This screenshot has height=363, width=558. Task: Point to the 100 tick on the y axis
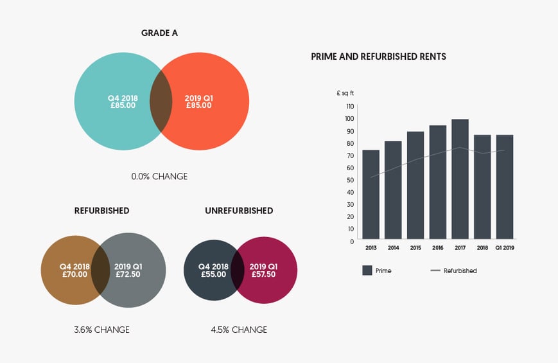click(350, 118)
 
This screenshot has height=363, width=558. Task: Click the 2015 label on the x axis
click(415, 247)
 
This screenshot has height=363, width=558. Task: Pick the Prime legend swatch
click(367, 270)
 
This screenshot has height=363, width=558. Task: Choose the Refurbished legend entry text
click(460, 271)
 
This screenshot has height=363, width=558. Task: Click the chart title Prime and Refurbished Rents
click(378, 57)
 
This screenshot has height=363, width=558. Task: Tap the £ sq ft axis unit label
click(345, 93)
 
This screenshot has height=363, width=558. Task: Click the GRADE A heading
click(161, 33)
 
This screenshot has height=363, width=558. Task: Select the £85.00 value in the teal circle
click(123, 105)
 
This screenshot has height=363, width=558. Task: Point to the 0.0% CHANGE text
click(161, 176)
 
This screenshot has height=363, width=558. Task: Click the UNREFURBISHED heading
click(239, 211)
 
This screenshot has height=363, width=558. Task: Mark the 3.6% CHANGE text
click(101, 330)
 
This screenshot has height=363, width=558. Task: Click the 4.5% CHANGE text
click(239, 330)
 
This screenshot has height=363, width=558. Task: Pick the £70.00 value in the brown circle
click(74, 274)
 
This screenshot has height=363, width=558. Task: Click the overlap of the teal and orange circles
click(161, 102)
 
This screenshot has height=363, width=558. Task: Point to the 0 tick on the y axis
click(351, 242)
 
